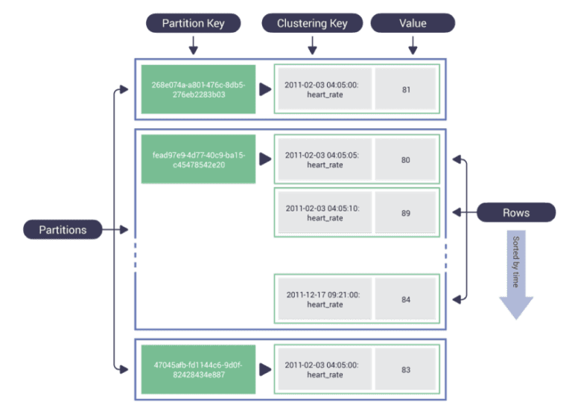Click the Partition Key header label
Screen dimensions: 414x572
tap(194, 23)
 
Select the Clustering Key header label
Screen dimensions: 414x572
tap(312, 23)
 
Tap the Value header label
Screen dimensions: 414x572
tap(413, 23)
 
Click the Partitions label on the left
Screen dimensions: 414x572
tap(63, 230)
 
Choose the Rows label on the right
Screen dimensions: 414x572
tap(516, 213)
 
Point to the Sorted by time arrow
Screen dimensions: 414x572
tap(516, 276)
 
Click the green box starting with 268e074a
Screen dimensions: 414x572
tap(198, 90)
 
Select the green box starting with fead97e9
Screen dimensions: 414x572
tap(198, 159)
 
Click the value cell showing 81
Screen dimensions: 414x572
tap(406, 90)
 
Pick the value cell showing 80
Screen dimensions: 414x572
tap(406, 159)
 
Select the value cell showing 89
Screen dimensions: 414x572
tap(406, 213)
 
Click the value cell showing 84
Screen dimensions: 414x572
tap(406, 299)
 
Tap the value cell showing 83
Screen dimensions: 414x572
tap(406, 369)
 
